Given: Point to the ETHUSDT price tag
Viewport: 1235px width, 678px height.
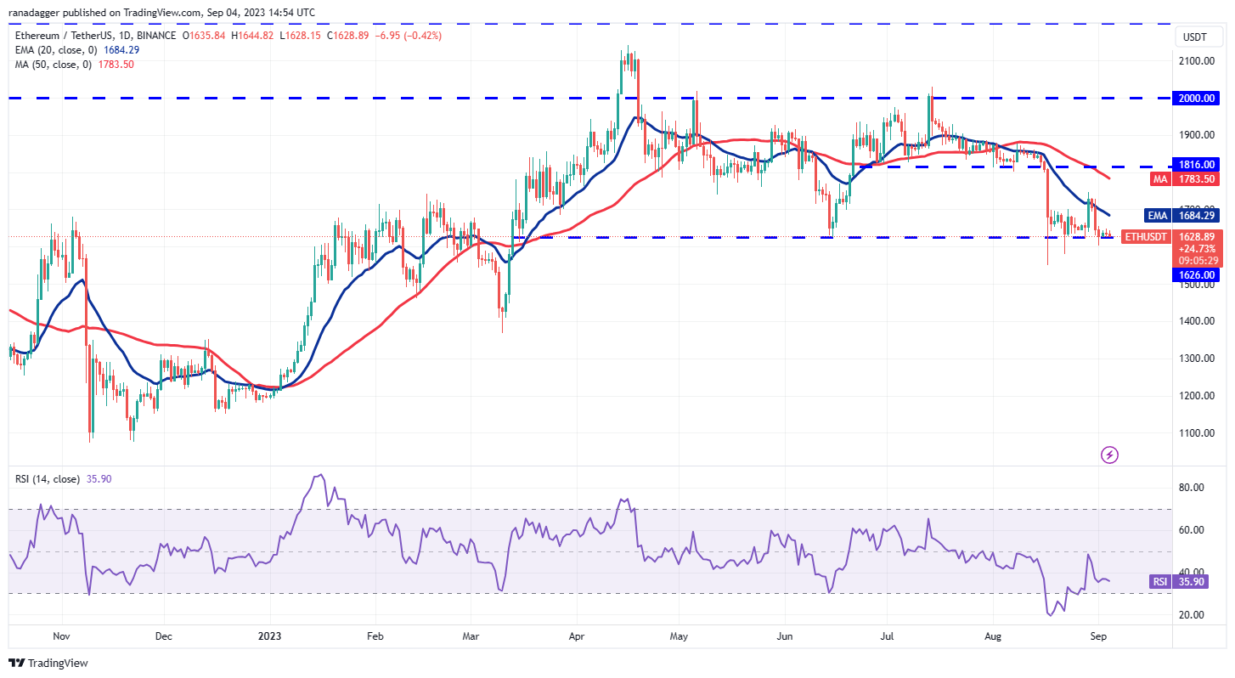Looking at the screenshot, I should click(x=1147, y=236).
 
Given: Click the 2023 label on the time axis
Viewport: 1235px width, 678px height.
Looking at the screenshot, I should click(x=269, y=635).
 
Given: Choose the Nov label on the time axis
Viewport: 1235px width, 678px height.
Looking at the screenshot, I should click(x=59, y=635).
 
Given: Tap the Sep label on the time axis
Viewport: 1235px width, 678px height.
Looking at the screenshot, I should click(x=1096, y=635).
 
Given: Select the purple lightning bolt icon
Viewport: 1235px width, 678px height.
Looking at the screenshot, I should click(x=1109, y=455).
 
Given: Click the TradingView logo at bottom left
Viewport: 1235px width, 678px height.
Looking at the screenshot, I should click(x=48, y=663).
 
